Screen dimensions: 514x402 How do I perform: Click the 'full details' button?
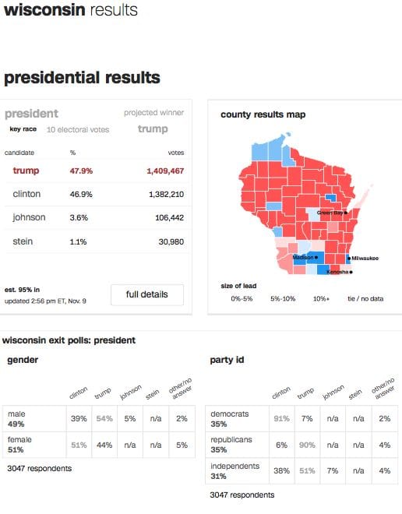click(147, 296)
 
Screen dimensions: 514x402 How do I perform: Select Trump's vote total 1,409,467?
click(164, 171)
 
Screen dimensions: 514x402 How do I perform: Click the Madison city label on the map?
click(304, 257)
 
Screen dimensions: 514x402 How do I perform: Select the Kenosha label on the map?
click(337, 272)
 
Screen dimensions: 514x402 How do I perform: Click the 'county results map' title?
click(263, 114)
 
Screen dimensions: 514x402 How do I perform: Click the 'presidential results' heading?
click(82, 78)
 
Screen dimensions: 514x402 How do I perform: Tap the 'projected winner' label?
click(153, 112)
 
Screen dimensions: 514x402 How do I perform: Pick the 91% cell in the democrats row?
click(281, 419)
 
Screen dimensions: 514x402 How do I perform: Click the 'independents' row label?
click(234, 466)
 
